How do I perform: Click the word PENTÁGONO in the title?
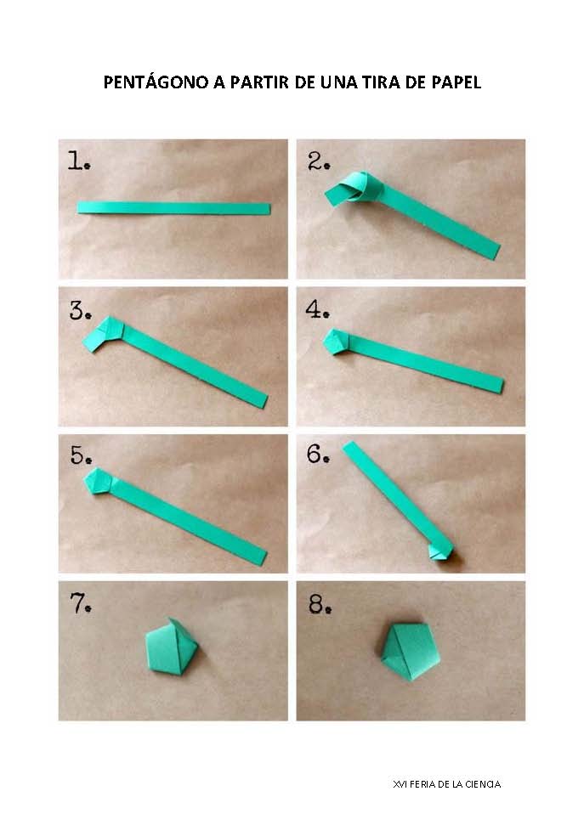click(x=156, y=82)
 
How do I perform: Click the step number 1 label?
click(x=79, y=161)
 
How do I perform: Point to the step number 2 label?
click(x=319, y=161)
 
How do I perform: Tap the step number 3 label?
click(x=81, y=310)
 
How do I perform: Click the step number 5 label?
click(x=81, y=455)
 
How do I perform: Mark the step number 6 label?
click(x=318, y=454)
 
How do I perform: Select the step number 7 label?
click(x=81, y=603)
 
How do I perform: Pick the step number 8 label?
click(x=320, y=605)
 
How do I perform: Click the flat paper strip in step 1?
click(x=173, y=208)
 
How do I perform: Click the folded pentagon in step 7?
click(x=172, y=647)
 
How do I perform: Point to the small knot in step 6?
click(x=441, y=551)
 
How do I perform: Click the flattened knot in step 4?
click(x=336, y=342)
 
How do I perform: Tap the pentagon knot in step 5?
click(x=99, y=481)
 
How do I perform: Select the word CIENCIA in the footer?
click(x=482, y=784)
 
